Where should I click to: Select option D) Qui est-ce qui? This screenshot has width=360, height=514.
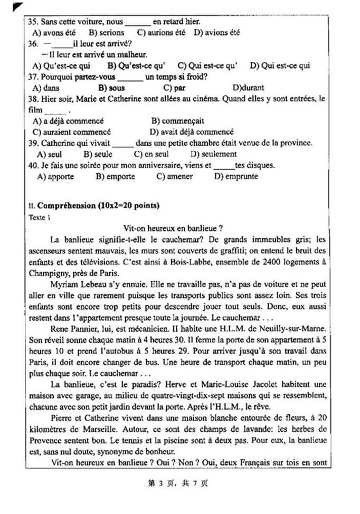[x=280, y=66]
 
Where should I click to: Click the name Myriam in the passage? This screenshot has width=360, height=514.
[x=65, y=284]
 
